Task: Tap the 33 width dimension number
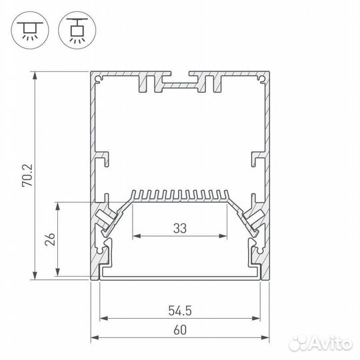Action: pos(179,228)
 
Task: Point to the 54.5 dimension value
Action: pos(179,310)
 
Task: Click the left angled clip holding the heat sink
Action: pos(107,217)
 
